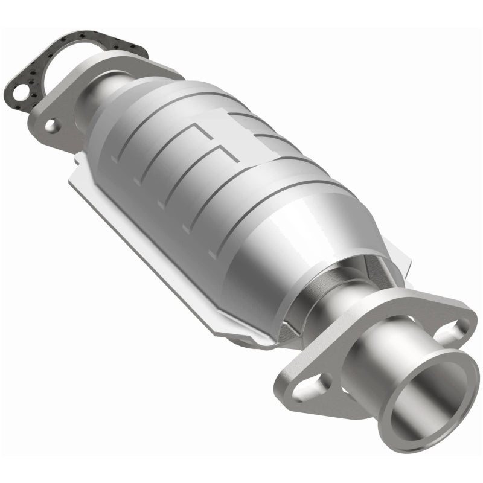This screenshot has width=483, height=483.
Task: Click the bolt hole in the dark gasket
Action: (x=20, y=94)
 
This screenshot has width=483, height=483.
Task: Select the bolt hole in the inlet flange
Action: (x=52, y=126)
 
